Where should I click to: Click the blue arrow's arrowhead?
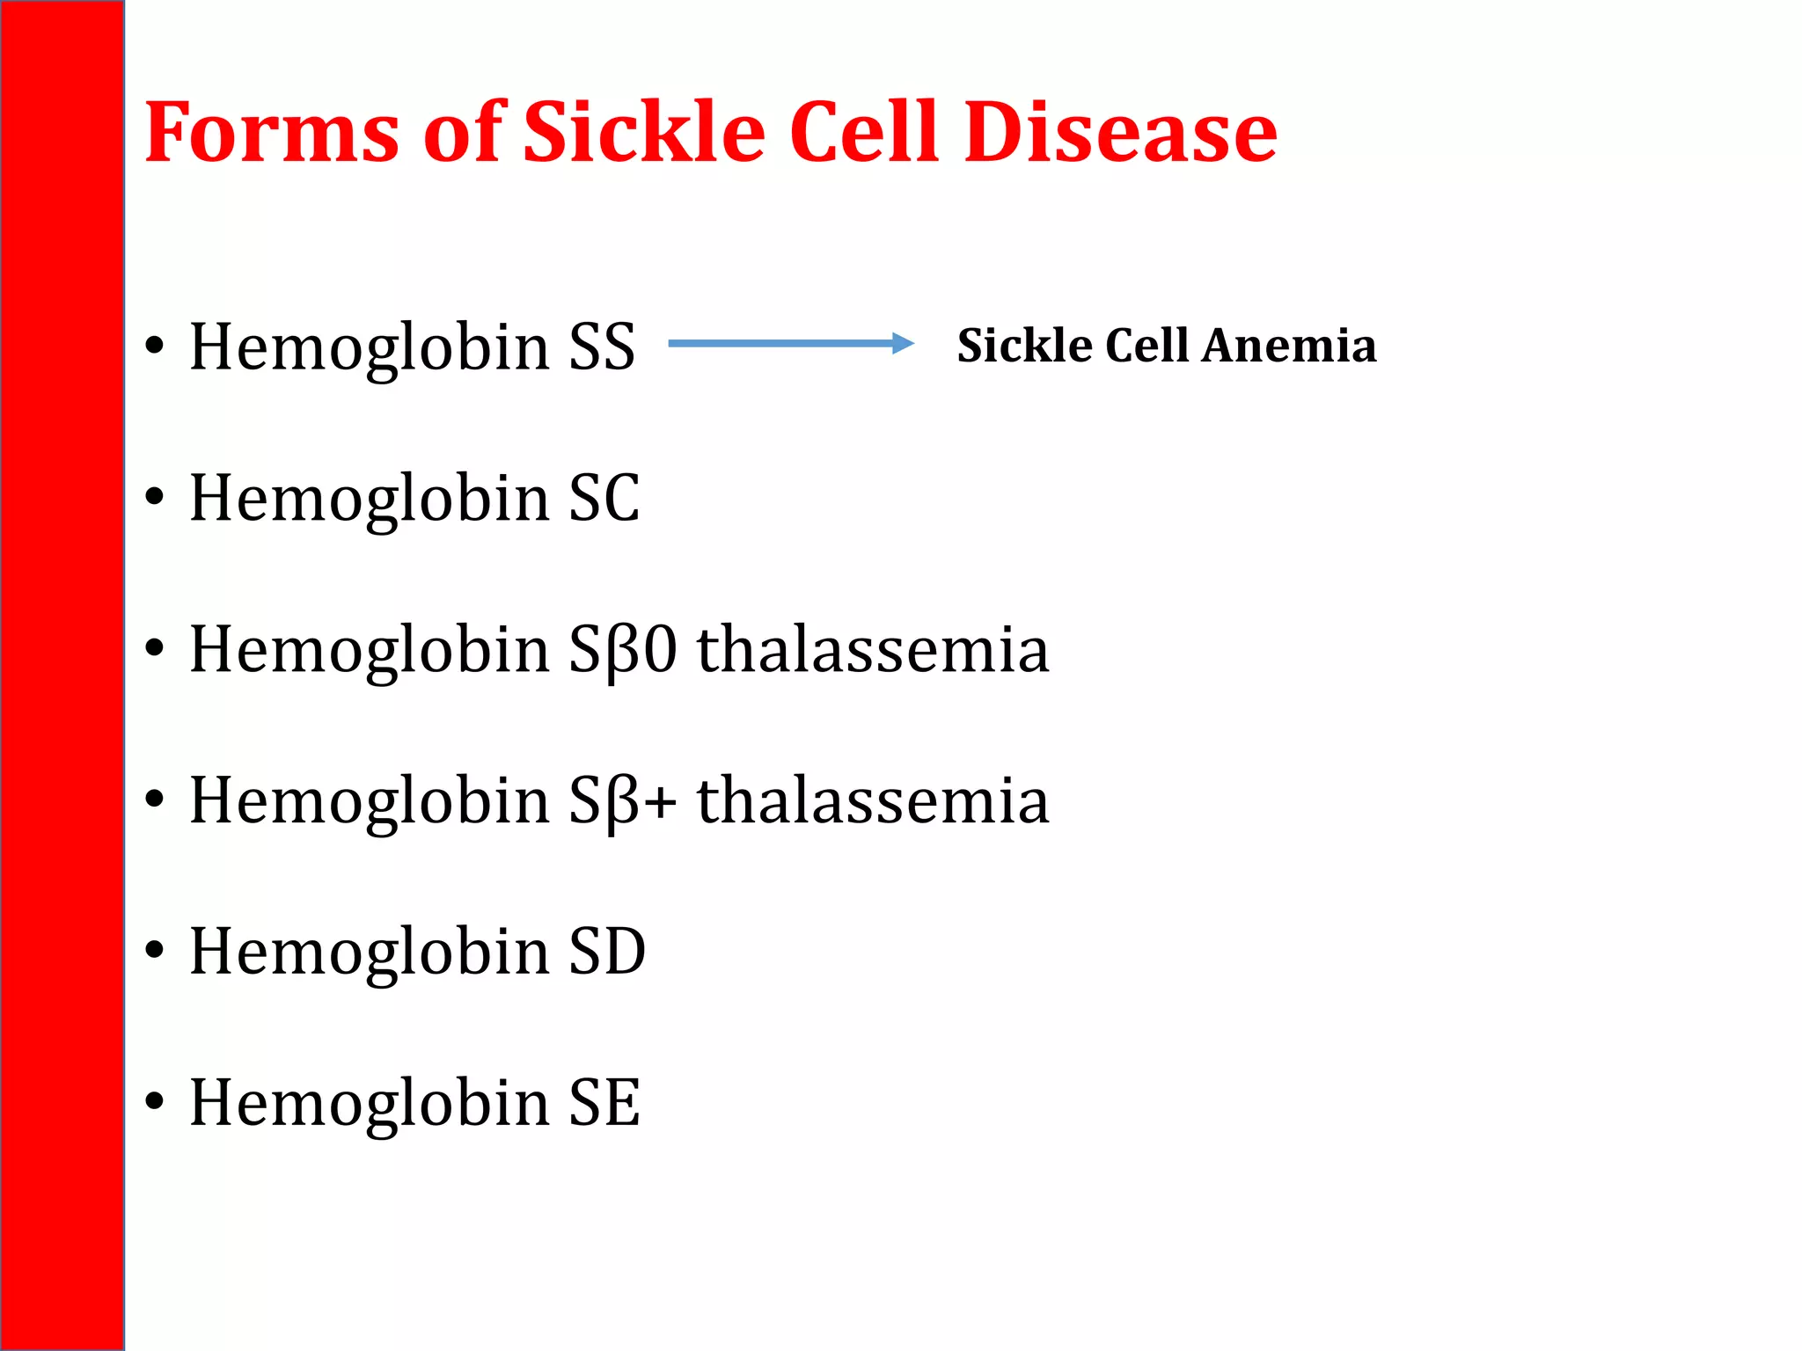(x=903, y=343)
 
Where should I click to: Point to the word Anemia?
(x=1289, y=345)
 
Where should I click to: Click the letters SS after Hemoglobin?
(x=602, y=347)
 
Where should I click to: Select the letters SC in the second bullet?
(x=604, y=498)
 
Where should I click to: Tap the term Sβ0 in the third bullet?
(x=623, y=650)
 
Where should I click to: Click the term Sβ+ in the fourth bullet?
(x=623, y=801)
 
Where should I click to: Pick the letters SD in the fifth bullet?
(x=607, y=952)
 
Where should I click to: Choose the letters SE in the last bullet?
(x=604, y=1103)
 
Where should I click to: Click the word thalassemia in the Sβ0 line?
(x=873, y=650)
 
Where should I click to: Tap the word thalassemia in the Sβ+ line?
(x=873, y=801)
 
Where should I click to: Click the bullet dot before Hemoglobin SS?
(x=155, y=346)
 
